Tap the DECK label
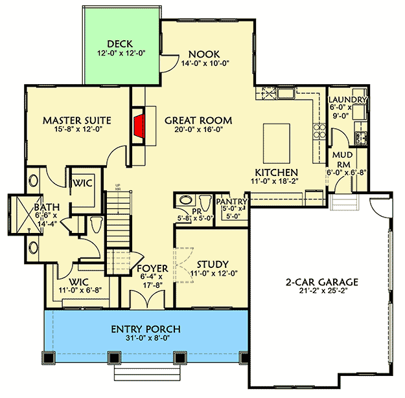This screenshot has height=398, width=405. [x=121, y=45]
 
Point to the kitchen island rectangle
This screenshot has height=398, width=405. [x=275, y=143]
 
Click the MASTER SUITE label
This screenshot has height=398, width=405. [x=76, y=120]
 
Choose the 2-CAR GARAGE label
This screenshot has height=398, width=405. [x=321, y=282]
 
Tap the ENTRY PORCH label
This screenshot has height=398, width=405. [x=145, y=329]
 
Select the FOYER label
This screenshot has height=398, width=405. [x=152, y=268]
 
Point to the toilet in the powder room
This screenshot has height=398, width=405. [x=204, y=201]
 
